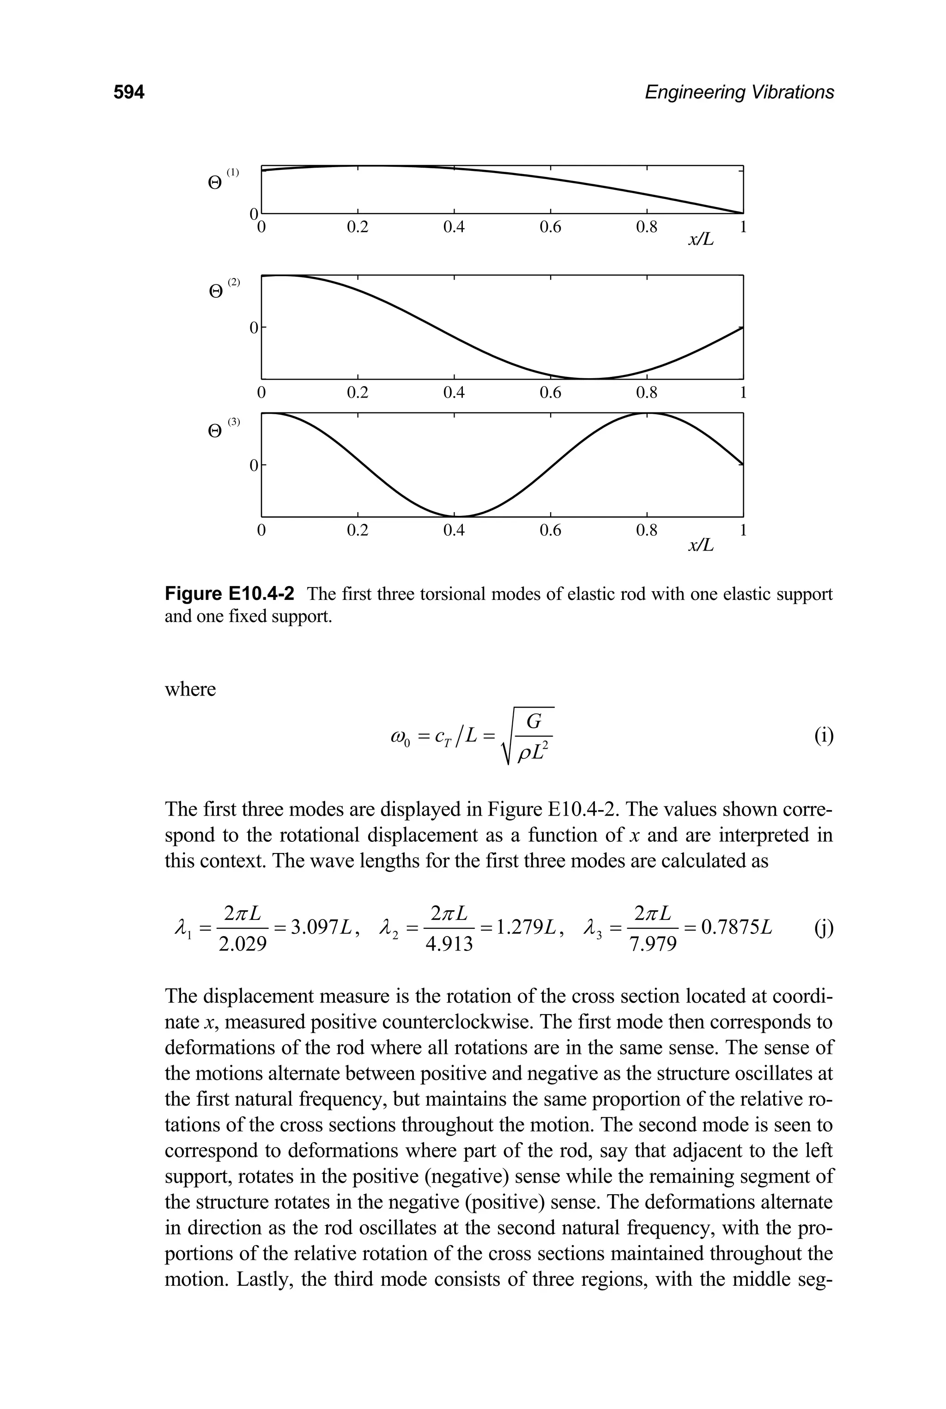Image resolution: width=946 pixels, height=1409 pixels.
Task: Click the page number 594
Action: pyautogui.click(x=129, y=92)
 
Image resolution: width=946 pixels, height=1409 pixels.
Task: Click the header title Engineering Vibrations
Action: pyautogui.click(x=739, y=92)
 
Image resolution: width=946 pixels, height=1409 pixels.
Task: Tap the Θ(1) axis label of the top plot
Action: pyautogui.click(x=222, y=181)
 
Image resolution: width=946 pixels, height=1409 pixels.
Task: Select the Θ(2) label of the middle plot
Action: pyautogui.click(x=223, y=288)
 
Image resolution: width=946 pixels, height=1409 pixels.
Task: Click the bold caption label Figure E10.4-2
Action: pyautogui.click(x=230, y=595)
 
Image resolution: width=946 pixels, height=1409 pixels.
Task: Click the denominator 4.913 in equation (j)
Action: pyautogui.click(x=449, y=944)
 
